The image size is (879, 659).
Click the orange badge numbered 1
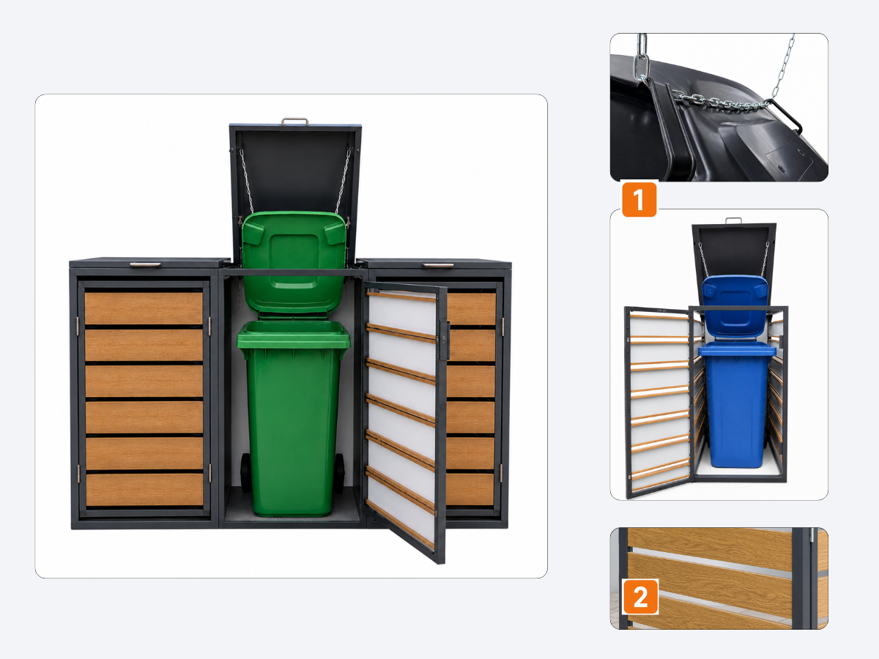pos(639,199)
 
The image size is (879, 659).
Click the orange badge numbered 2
pos(641,597)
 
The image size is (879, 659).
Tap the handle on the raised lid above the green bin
pos(294,122)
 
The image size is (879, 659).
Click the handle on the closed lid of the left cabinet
pos(145,264)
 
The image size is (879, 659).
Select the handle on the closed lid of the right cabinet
pos(439,265)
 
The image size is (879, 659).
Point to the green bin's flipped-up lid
pos(294,262)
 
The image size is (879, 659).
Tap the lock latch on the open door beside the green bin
pos(444,340)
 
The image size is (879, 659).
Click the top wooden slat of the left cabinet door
pos(144,308)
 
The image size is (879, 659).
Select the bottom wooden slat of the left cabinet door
pos(144,490)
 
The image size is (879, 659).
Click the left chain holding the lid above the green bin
pos(247,181)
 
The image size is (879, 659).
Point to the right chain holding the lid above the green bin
pos(343,181)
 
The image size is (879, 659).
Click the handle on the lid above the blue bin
pos(733,220)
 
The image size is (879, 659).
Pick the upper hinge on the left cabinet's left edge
pos(78,325)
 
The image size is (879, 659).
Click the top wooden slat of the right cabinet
pos(471,309)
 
